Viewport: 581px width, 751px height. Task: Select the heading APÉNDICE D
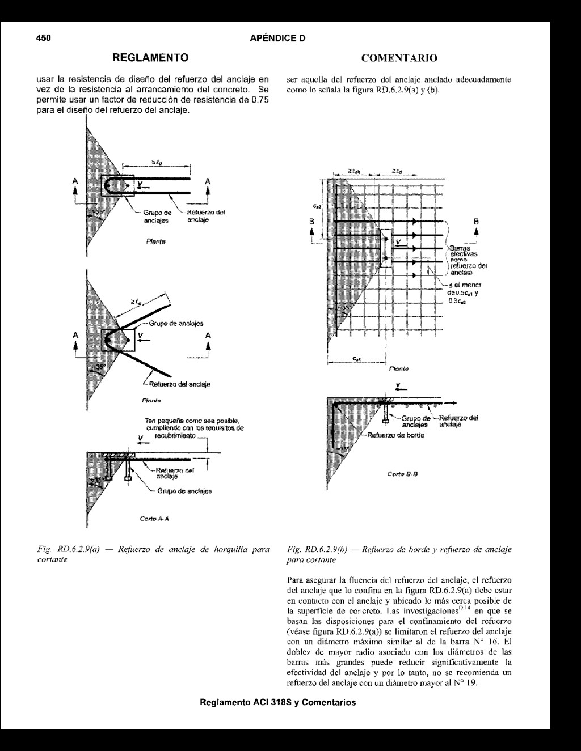pos(277,39)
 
